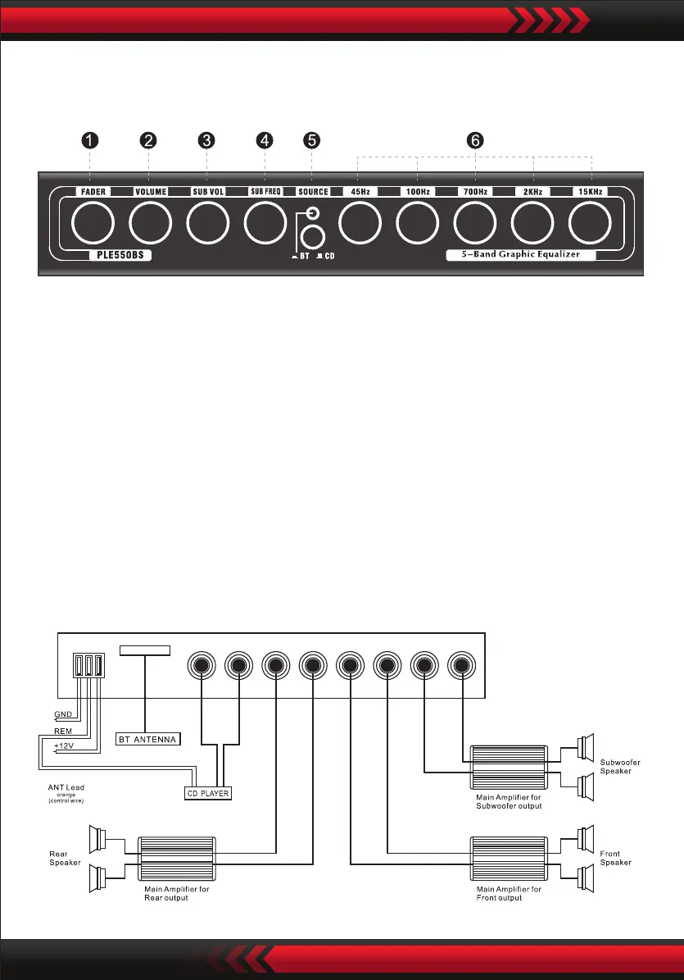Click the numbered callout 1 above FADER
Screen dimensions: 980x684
90,140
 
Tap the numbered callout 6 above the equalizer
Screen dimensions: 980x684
474,140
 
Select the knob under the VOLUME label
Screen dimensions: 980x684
150,223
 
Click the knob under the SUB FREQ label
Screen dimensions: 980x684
265,223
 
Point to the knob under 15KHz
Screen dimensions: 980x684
591,223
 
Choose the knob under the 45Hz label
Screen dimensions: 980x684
360,223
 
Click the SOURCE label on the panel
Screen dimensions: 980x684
313,192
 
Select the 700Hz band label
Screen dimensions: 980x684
475,192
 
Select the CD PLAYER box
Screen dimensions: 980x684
207,793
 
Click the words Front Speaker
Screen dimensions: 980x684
616,858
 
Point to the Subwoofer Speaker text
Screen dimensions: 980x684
620,767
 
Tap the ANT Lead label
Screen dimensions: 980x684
66,788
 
